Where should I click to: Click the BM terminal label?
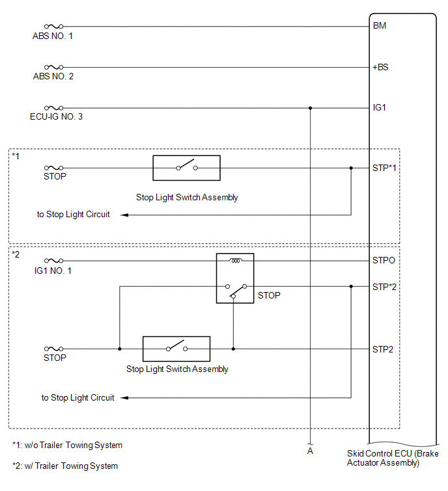click(380, 25)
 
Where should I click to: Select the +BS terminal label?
click(380, 68)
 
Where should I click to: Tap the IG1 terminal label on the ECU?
click(379, 108)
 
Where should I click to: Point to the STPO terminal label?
click(384, 261)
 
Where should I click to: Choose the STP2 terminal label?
click(382, 349)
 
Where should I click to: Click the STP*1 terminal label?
click(384, 168)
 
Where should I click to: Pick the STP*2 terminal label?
click(384, 287)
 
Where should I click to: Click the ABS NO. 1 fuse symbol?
click(53, 27)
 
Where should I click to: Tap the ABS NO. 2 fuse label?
click(53, 76)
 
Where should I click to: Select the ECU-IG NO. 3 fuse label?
click(56, 117)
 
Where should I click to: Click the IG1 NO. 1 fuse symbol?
click(53, 261)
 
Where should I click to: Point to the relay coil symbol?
click(235, 260)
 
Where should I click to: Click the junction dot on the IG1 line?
click(310, 108)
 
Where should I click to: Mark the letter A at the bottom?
click(310, 451)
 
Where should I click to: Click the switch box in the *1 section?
click(186, 168)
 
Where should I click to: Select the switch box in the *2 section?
click(176, 349)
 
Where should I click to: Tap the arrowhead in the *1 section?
click(124, 215)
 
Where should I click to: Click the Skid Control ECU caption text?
click(393, 458)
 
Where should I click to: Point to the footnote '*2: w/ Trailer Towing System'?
click(65, 466)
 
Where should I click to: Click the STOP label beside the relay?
click(269, 296)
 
